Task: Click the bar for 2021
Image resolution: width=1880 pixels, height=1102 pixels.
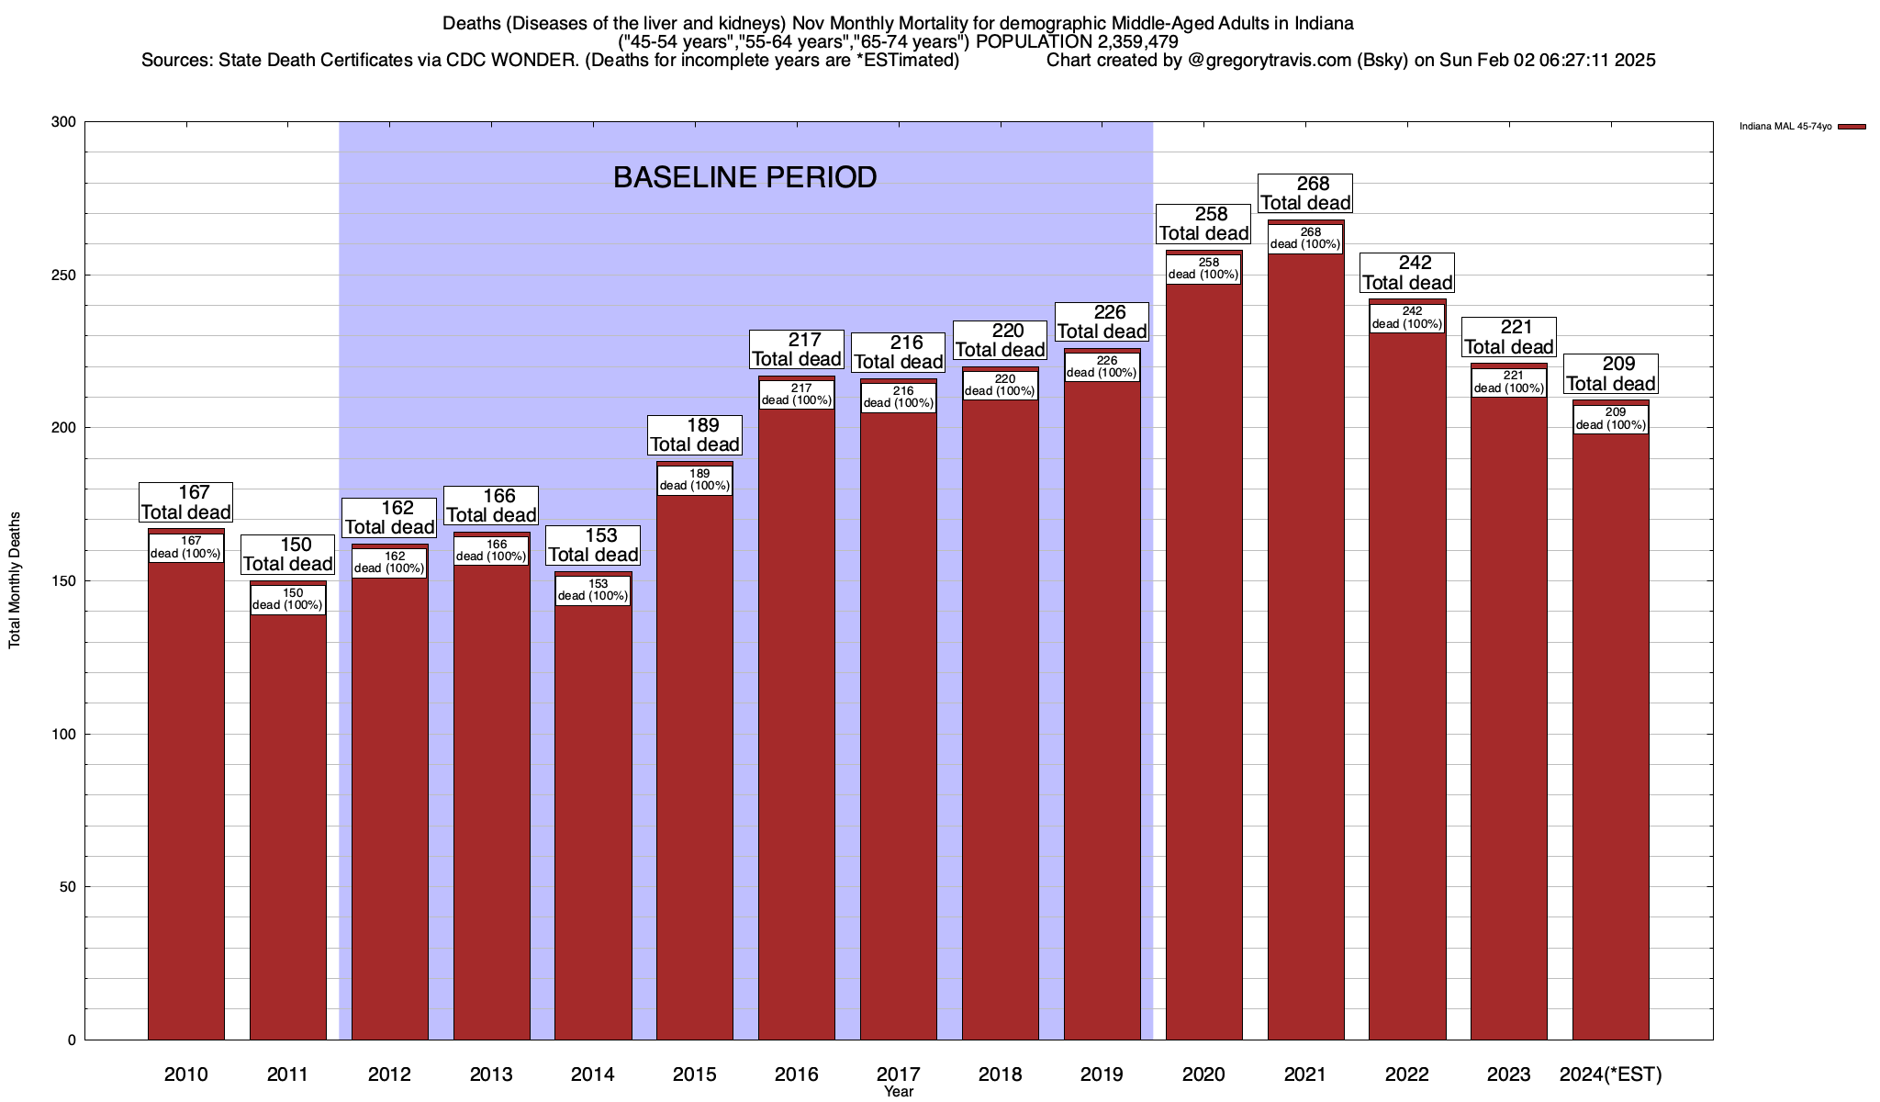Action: tap(1305, 643)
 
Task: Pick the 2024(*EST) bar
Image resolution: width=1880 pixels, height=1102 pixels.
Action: tap(1610, 735)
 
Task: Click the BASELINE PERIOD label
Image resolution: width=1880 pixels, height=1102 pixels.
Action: tap(744, 177)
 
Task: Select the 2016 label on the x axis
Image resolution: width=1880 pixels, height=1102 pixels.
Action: tap(796, 1074)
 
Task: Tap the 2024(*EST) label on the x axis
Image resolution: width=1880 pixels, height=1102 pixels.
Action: tap(1610, 1074)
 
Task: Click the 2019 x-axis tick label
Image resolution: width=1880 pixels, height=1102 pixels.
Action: tap(1102, 1074)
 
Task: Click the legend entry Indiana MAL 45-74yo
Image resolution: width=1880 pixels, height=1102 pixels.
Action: tap(1785, 127)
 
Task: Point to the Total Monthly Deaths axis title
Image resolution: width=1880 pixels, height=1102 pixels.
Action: tap(15, 580)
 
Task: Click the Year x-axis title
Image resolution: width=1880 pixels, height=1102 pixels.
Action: tap(899, 1091)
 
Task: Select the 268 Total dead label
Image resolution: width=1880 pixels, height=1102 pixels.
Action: tap(1305, 194)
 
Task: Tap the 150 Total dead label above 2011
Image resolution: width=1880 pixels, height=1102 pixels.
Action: tap(287, 555)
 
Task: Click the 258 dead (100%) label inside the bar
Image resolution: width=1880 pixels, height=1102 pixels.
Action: tap(1203, 268)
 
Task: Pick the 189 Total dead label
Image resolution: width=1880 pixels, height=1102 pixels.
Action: tap(695, 435)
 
